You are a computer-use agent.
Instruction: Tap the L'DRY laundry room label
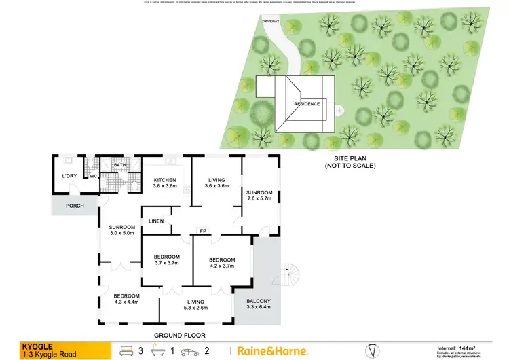70,177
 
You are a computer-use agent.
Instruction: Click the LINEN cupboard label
155,221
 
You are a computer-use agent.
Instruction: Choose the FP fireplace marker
202,231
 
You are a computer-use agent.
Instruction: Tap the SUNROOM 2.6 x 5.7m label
259,196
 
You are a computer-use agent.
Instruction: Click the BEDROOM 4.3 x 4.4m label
126,299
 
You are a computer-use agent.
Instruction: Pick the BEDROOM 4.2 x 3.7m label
221,263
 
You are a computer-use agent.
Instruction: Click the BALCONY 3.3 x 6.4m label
258,304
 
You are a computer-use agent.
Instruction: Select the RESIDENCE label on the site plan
307,104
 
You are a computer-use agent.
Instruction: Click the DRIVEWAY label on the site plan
271,21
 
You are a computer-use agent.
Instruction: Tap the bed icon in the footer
126,350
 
